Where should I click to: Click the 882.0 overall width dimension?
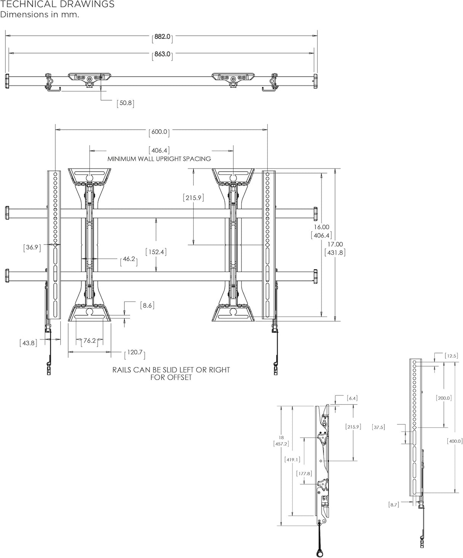163,37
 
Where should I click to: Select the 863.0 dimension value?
162,54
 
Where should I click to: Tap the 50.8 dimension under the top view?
125,103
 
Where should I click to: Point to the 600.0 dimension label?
159,132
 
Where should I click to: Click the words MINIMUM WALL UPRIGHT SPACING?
159,159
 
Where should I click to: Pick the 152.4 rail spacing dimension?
156,252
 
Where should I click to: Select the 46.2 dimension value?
129,259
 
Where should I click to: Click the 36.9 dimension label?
32,247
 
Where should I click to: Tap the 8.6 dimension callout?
147,305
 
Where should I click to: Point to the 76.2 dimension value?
90,341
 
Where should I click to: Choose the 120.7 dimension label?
135,352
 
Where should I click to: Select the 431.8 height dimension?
334,252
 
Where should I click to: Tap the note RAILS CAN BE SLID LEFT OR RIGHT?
171,370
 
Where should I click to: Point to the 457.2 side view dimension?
281,444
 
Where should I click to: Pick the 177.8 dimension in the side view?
304,473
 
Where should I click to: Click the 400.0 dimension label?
455,441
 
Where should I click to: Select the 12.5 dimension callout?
451,356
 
